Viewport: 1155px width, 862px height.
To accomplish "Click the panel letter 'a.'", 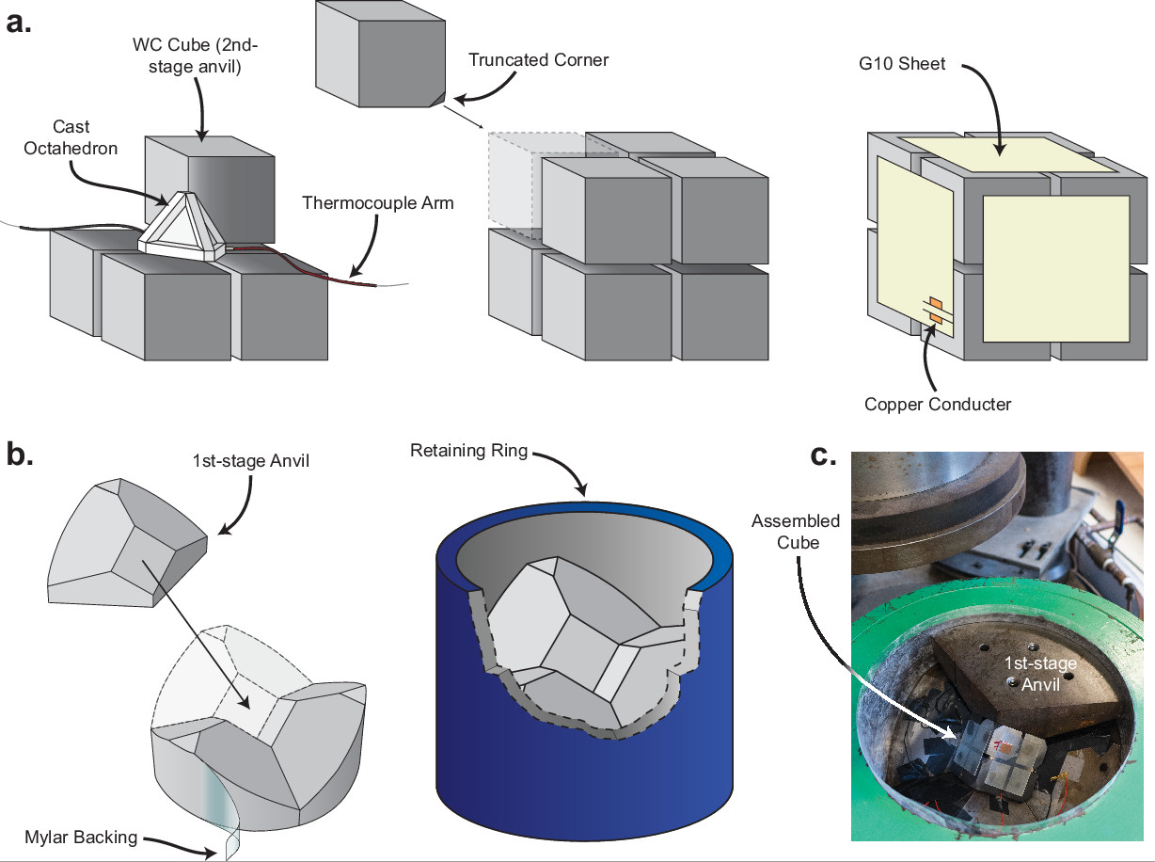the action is click(19, 24).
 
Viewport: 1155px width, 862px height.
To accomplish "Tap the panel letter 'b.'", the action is click(20, 455).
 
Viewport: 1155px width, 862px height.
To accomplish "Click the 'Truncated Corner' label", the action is click(538, 60).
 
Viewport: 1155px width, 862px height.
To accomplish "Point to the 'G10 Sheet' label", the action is click(902, 64).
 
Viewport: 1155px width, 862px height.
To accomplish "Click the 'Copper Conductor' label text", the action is click(938, 404).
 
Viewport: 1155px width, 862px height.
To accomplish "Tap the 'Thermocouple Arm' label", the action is click(378, 203).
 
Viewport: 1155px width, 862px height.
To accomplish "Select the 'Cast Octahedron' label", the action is click(71, 137).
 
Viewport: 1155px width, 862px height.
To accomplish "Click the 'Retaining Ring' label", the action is click(468, 451).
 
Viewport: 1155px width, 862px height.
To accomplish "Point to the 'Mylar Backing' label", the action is click(81, 837).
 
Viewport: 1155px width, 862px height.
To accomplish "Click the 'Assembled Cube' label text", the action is click(796, 532).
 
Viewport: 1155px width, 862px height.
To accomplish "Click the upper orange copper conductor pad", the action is click(936, 304).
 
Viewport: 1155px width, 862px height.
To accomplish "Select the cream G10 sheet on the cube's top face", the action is click(1006, 153).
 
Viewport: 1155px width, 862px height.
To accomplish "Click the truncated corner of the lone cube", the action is click(438, 100).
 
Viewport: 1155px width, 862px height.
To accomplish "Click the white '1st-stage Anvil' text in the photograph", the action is click(1039, 674).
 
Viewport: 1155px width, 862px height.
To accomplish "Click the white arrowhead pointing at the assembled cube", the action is click(950, 732).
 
